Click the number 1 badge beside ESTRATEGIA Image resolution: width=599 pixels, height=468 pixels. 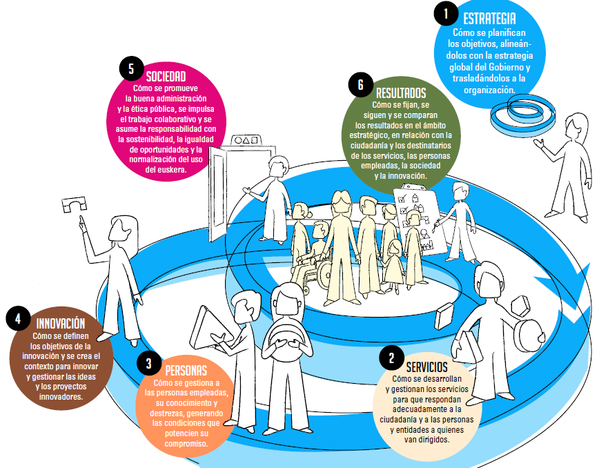(446, 12)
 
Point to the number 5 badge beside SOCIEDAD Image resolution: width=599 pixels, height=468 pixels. (130, 69)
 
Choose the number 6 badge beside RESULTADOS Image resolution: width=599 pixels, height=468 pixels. (360, 85)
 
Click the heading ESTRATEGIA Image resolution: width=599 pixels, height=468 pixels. (489, 18)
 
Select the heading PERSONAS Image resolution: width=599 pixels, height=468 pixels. (186, 371)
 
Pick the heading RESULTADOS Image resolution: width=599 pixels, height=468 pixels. (401, 92)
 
